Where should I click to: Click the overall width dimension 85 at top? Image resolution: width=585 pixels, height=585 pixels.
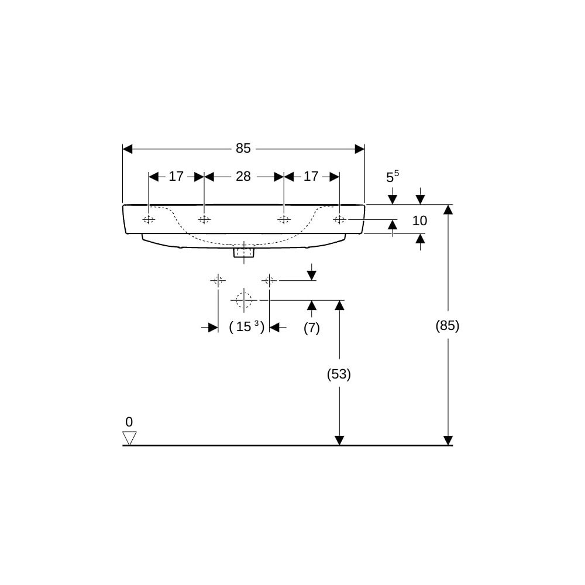tap(243, 149)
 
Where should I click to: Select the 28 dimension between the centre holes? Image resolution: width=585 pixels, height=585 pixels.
tap(243, 177)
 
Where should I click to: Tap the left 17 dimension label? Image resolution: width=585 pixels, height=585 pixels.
tap(176, 177)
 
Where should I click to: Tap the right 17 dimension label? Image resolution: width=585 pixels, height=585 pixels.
tap(311, 177)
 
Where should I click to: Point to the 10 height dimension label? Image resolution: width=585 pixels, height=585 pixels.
tap(419, 221)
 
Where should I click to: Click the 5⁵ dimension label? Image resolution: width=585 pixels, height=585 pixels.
tap(392, 177)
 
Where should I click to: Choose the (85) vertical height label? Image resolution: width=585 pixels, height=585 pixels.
tap(448, 326)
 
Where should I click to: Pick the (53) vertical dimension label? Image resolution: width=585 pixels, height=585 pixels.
tap(339, 374)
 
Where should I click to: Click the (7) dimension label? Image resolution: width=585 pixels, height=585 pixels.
tap(312, 328)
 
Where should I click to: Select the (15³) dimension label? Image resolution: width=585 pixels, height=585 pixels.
tap(247, 327)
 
